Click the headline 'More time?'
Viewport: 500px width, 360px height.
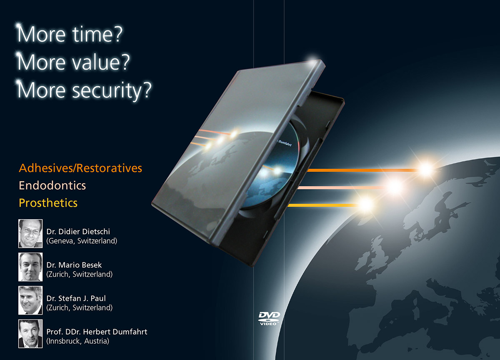tap(70, 34)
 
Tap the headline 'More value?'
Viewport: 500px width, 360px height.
tap(73, 62)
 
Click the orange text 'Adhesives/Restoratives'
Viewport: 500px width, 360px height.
tap(80, 168)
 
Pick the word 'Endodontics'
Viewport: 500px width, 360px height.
tap(52, 185)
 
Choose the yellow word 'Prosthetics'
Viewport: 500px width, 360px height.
tap(48, 203)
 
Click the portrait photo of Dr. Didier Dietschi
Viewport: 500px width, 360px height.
tap(30, 233)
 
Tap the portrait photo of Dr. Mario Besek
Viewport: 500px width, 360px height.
tap(30, 267)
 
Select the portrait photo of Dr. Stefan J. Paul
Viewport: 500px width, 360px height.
tap(30, 300)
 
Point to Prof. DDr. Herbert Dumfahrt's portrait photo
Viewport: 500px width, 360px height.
tap(30, 334)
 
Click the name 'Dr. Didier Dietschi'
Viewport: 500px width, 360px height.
tap(78, 232)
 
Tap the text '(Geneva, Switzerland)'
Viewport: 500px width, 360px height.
tap(82, 241)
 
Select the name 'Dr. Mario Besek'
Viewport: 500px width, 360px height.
tap(74, 265)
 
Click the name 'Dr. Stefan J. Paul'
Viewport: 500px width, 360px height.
tap(76, 298)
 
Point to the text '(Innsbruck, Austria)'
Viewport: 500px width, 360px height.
tap(77, 341)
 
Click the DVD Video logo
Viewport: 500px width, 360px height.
tap(269, 318)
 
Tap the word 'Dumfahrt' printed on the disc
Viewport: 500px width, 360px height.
tap(285, 143)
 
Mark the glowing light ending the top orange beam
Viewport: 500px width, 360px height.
tap(426, 170)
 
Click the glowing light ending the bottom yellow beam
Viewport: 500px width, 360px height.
tap(365, 204)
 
